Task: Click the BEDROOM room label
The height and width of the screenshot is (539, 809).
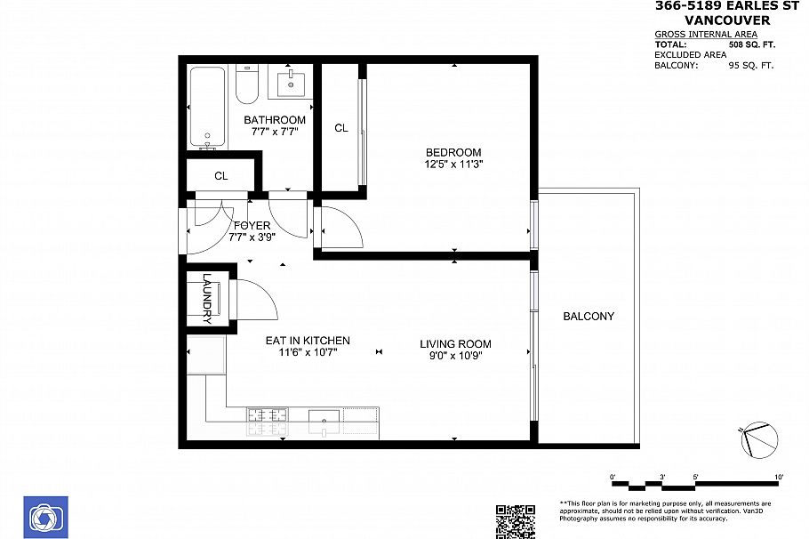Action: [453, 152]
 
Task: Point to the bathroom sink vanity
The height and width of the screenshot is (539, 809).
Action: [292, 85]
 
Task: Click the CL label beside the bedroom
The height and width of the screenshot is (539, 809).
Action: [340, 128]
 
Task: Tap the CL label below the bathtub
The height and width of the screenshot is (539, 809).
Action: [220, 176]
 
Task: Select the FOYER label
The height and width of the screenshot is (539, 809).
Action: [252, 226]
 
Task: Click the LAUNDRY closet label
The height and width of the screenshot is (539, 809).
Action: [206, 296]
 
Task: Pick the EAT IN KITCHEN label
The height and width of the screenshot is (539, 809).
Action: [308, 341]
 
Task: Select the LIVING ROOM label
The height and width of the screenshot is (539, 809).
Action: [455, 344]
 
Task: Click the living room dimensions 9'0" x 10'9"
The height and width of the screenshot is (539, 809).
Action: [455, 356]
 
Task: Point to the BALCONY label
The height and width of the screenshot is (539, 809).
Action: [589, 317]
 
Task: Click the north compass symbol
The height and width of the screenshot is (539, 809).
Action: [758, 437]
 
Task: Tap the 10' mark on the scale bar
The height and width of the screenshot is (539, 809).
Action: [779, 479]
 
